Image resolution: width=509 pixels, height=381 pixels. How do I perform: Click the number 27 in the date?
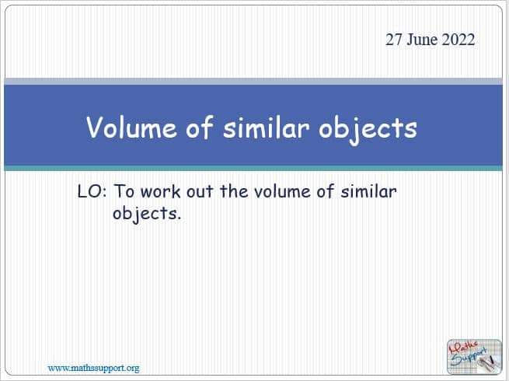click(394, 40)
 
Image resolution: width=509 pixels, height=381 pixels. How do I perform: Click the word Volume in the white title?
click(132, 127)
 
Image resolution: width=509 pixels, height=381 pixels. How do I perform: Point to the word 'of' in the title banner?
click(199, 127)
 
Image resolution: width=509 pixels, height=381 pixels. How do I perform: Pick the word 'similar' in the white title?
click(266, 127)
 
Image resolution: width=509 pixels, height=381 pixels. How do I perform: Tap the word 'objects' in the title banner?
click(368, 129)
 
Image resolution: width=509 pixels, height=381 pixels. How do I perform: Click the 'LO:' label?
click(92, 191)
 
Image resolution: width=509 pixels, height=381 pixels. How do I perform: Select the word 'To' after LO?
click(124, 191)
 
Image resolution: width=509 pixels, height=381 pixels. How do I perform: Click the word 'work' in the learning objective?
click(161, 191)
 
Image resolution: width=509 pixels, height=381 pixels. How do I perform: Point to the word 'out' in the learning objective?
click(200, 191)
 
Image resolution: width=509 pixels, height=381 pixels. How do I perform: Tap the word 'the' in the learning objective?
click(234, 191)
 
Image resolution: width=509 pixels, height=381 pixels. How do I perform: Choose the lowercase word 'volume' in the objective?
click(282, 191)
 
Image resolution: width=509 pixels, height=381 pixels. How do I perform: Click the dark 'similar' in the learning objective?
click(368, 191)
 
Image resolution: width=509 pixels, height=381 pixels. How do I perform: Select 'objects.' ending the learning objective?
click(147, 214)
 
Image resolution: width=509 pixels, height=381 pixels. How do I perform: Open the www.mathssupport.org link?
click(93, 368)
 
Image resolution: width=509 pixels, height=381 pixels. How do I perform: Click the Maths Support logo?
click(474, 356)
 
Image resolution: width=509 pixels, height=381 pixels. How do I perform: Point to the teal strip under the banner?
click(253, 168)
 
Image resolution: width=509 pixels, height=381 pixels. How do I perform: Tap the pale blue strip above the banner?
click(253, 81)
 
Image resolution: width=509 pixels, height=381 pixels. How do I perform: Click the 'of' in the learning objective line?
click(326, 191)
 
